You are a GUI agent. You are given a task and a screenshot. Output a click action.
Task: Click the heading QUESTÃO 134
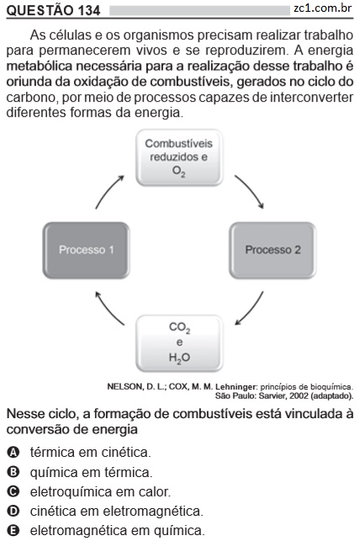coord(53,10)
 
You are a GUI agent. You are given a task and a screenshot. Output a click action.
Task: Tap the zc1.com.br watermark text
coord(323,8)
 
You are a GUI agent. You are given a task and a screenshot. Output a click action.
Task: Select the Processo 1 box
coord(86,250)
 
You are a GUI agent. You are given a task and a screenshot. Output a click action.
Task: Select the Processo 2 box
coord(273,250)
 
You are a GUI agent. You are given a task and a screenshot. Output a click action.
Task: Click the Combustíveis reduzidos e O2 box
coord(179,157)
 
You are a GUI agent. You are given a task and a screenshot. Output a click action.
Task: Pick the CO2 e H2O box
coord(179,343)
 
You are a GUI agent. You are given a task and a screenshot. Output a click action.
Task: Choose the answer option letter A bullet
coord(13,452)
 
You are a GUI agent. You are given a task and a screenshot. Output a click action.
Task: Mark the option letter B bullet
coord(13,472)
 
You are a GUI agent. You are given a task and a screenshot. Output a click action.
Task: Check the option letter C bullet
coord(13,491)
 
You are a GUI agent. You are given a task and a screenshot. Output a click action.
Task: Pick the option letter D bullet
coord(13,511)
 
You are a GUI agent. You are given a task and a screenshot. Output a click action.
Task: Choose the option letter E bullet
coord(13,530)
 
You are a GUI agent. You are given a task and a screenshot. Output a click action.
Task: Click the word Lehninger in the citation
coord(236,387)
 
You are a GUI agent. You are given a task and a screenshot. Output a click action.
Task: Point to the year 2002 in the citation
coord(299,395)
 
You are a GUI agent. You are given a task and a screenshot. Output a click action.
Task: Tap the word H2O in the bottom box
coord(179,358)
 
